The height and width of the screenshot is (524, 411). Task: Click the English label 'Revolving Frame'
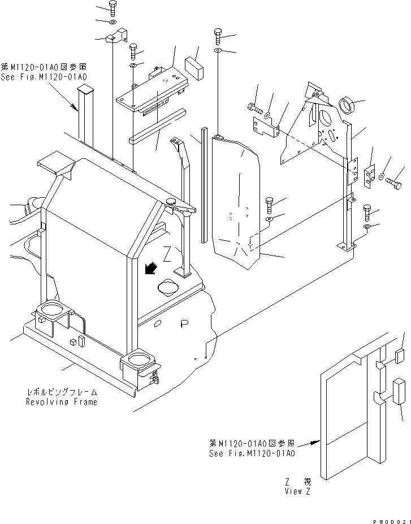(x=61, y=402)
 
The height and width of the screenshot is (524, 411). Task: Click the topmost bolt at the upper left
(x=112, y=8)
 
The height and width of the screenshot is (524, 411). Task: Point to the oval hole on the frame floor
(x=169, y=287)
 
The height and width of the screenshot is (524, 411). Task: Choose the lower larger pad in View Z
(x=398, y=391)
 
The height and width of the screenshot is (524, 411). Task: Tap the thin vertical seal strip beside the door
(x=202, y=187)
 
